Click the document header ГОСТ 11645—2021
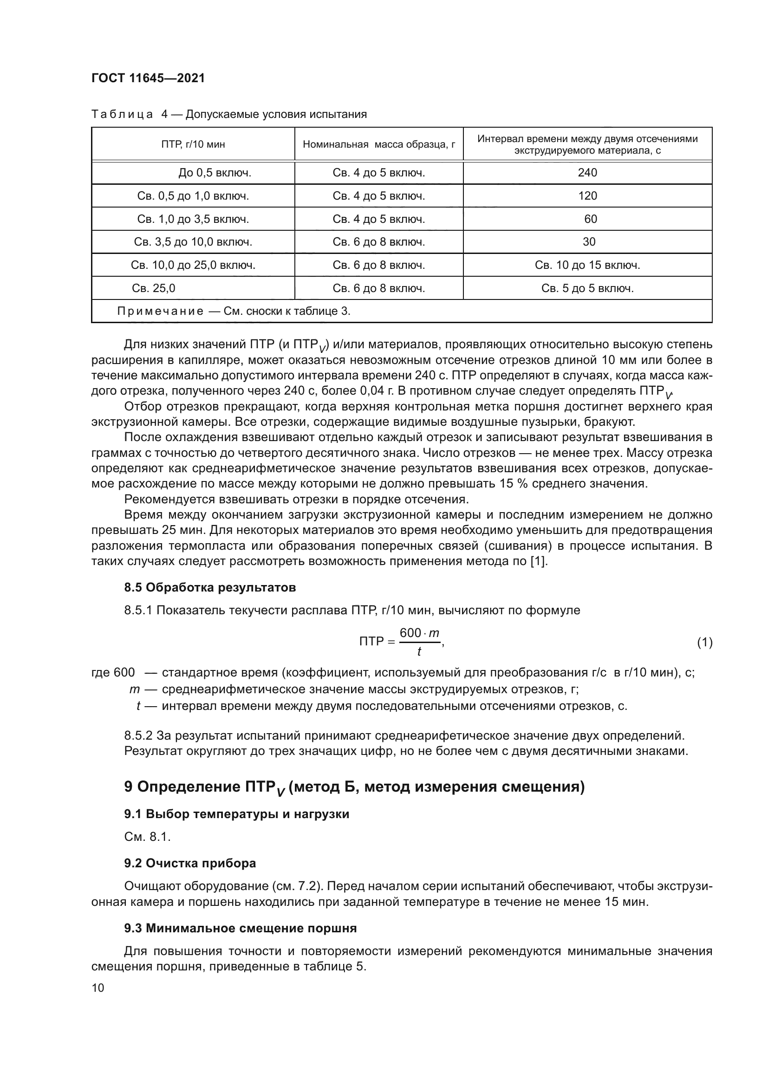click(148, 78)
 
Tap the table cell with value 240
click(587, 173)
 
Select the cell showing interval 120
click(587, 196)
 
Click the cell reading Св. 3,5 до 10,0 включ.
click(193, 242)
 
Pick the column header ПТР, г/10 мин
click(193, 144)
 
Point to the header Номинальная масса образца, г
click(379, 144)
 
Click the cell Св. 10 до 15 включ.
click(587, 266)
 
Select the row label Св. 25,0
click(154, 288)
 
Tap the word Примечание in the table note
click(160, 311)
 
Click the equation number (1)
click(704, 642)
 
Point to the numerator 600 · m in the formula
click(419, 633)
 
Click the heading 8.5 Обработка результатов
click(210, 587)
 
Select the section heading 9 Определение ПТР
click(354, 787)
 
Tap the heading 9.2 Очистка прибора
click(189, 863)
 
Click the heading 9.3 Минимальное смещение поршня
click(240, 928)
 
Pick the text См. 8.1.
click(147, 837)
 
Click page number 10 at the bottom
click(98, 988)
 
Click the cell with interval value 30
click(589, 242)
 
